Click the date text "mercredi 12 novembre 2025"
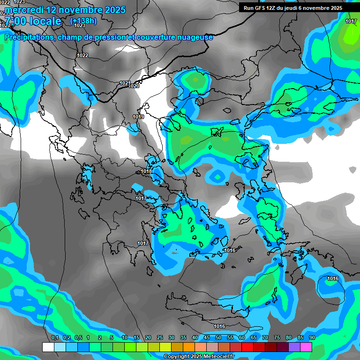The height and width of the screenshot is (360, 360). tap(66, 10)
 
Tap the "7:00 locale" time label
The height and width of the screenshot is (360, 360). tap(33, 21)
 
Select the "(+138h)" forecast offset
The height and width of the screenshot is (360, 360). tap(83, 21)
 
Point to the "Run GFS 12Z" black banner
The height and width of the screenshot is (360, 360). tap(293, 8)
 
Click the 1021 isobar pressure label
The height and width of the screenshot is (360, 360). tap(125, 83)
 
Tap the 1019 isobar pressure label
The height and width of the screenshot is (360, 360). tap(138, 117)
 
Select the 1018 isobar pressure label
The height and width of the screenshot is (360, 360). tap(146, 172)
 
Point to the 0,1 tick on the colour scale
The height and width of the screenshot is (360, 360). tap(54, 338)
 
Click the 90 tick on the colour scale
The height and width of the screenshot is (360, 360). tap(312, 338)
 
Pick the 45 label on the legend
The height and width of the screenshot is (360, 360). tap(207, 338)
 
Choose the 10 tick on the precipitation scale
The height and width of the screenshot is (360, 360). tap(124, 338)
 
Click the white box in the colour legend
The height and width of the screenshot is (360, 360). tap(48, 347)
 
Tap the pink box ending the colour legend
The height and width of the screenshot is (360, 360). tap(306, 347)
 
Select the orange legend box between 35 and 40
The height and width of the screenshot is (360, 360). tap(189, 347)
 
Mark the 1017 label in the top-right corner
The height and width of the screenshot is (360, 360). tap(351, 22)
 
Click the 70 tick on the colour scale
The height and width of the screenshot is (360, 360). tap(265, 338)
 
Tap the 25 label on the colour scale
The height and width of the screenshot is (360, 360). tap(160, 338)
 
